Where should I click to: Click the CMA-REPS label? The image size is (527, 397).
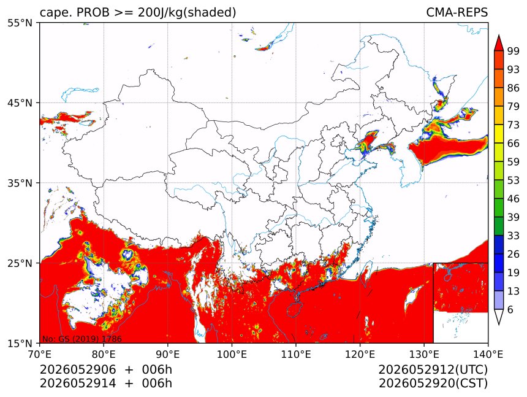click(457, 12)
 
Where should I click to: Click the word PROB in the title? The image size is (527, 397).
click(93, 12)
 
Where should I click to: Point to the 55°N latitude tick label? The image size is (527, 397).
click(20, 23)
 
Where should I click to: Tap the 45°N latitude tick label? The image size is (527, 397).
click(20, 102)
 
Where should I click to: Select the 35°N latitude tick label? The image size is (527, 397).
click(20, 183)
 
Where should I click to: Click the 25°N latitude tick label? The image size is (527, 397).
click(20, 263)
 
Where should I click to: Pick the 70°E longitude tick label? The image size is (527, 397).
click(40, 354)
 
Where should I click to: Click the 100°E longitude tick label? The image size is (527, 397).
click(232, 354)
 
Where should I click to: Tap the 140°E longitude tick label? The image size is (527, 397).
click(488, 354)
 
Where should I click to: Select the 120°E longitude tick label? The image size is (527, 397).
click(360, 354)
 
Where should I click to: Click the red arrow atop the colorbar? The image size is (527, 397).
click(498, 44)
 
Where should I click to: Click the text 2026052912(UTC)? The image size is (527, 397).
click(433, 370)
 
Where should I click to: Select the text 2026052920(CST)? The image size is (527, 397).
click(433, 384)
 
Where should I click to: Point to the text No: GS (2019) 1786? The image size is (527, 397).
click(82, 339)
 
